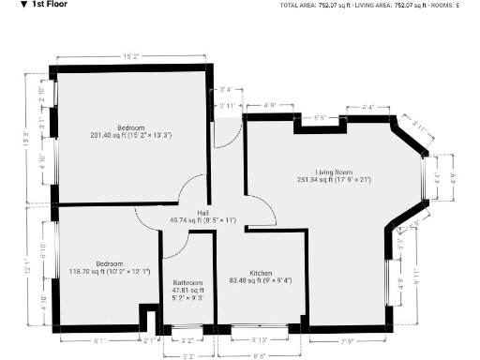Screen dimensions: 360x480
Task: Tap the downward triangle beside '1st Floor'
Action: [10, 5]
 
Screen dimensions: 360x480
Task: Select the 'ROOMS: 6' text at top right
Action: [445, 6]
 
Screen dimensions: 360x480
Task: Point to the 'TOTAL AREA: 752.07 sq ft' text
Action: [314, 6]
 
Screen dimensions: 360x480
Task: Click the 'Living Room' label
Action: [333, 172]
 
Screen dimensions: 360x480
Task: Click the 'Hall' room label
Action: [202, 213]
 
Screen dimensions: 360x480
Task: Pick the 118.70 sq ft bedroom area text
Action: [109, 272]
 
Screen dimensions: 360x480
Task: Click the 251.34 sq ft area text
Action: [334, 179]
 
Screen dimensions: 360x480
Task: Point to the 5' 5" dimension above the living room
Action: [319, 117]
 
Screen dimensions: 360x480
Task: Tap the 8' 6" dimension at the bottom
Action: [259, 356]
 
